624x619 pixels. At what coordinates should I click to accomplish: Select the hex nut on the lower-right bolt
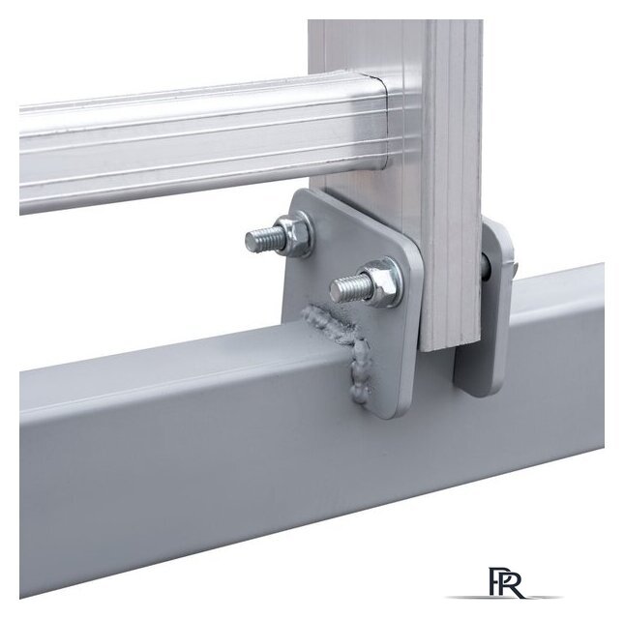click(x=382, y=282)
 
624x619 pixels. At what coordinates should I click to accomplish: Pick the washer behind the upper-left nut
click(x=305, y=234)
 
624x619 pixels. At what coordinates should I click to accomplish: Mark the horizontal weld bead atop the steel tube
click(x=328, y=321)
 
